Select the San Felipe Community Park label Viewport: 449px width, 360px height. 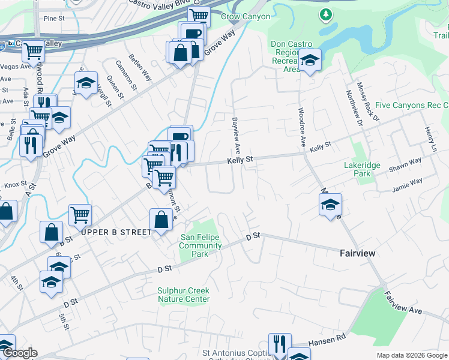coord(200,245)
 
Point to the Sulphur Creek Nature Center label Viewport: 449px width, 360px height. coord(184,295)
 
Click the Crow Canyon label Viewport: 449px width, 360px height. coord(245,17)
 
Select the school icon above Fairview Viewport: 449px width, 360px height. coord(330,205)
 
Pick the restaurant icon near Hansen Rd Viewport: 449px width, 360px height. coord(280,344)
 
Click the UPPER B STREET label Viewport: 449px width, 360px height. coord(116,232)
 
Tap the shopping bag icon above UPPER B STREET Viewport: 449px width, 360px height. coord(161,219)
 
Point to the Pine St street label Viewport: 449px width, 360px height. coord(54,19)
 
